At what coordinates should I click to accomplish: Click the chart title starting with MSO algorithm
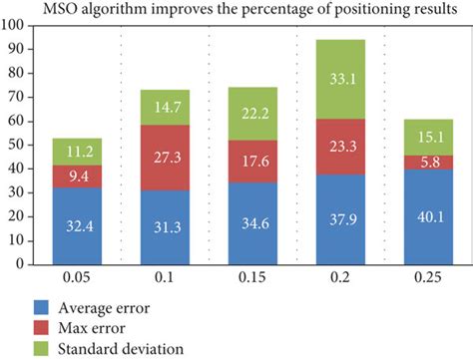[x=243, y=10]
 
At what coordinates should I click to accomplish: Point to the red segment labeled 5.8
[x=426, y=162]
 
